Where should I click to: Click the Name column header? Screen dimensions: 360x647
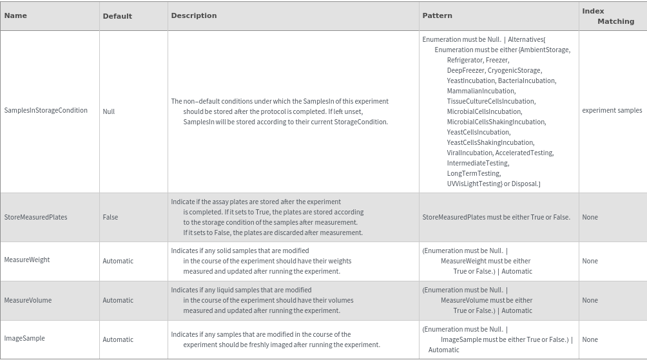tap(15, 15)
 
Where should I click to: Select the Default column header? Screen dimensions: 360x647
tap(117, 16)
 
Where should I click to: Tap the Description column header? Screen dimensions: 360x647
tap(194, 15)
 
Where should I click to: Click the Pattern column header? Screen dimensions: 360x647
tap(437, 15)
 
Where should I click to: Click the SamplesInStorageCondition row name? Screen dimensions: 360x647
tap(46, 110)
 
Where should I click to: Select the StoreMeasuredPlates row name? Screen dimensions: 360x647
tap(36, 217)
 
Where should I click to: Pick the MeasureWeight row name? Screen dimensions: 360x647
tap(27, 260)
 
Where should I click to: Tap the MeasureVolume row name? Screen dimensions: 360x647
tap(28, 300)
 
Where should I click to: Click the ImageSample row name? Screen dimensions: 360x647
tap(24, 338)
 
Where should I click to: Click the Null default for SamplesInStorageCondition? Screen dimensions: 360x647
tap(109, 111)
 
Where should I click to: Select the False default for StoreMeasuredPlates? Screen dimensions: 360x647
tap(110, 217)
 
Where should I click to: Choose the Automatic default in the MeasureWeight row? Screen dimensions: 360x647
tap(118, 261)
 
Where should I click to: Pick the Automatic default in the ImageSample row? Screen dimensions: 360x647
tap(118, 339)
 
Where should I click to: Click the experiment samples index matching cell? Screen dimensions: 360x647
tap(612, 110)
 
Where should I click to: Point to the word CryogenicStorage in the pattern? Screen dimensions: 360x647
tap(514, 70)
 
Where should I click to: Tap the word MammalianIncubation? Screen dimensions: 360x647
tap(481, 91)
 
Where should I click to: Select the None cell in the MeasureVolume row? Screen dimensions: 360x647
tap(590, 300)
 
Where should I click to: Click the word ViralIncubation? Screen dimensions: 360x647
tap(470, 153)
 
